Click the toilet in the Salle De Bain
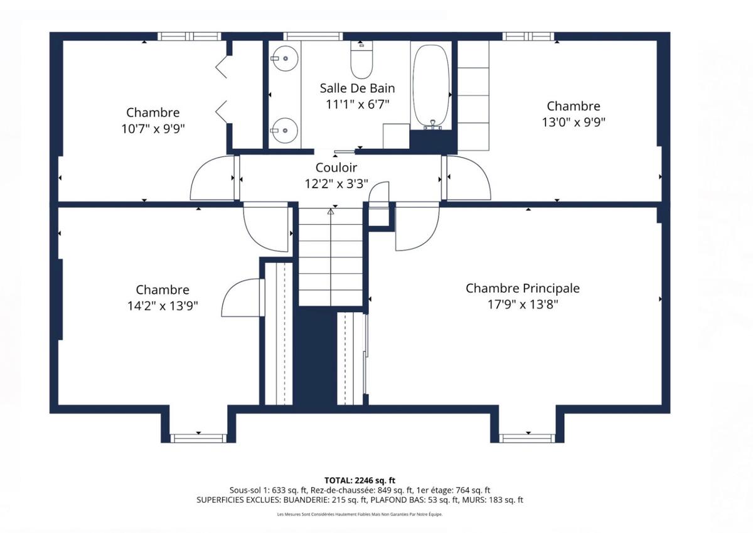click(361, 60)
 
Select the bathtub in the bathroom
click(431, 87)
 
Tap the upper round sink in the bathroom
click(285, 58)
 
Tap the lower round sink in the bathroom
click(285, 131)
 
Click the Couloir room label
click(336, 168)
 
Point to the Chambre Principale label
click(523, 288)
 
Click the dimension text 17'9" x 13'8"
click(523, 304)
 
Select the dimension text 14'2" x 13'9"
click(163, 306)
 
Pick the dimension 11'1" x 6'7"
click(357, 105)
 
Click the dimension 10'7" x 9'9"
click(153, 129)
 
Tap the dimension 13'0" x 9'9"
click(574, 122)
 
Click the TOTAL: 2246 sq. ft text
click(360, 480)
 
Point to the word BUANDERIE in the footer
click(306, 500)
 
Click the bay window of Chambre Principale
click(526, 438)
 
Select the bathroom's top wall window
click(313, 36)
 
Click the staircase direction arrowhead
click(331, 212)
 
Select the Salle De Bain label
click(357, 89)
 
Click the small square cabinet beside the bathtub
click(397, 136)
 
